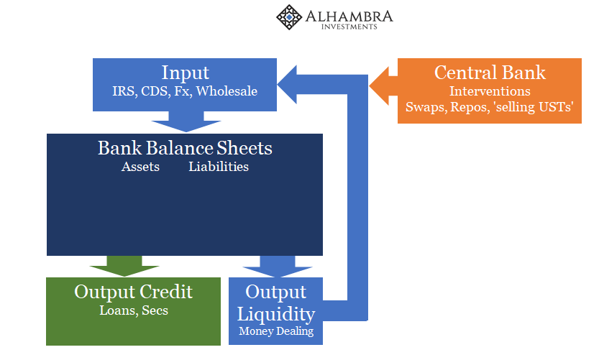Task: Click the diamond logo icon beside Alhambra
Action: pyautogui.click(x=289, y=17)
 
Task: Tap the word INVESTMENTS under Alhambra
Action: pyautogui.click(x=349, y=27)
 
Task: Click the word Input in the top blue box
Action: pyautogui.click(x=186, y=73)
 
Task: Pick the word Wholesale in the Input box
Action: pyautogui.click(x=227, y=91)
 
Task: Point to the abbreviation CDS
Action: pyautogui.click(x=155, y=91)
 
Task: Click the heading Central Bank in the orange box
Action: pyautogui.click(x=490, y=73)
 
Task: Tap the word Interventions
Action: pyautogui.click(x=490, y=91)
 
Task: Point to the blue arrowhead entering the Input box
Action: pyautogui.click(x=287, y=84)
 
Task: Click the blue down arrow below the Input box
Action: pyautogui.click(x=186, y=121)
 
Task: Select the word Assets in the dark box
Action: pyautogui.click(x=141, y=167)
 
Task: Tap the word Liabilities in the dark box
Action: pyautogui.click(x=219, y=167)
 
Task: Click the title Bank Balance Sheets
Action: pyautogui.click(x=185, y=148)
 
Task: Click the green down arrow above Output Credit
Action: pyautogui.click(x=124, y=266)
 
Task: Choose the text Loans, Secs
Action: pyautogui.click(x=134, y=310)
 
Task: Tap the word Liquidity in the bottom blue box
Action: pyautogui.click(x=276, y=314)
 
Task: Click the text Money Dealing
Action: pyautogui.click(x=276, y=331)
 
